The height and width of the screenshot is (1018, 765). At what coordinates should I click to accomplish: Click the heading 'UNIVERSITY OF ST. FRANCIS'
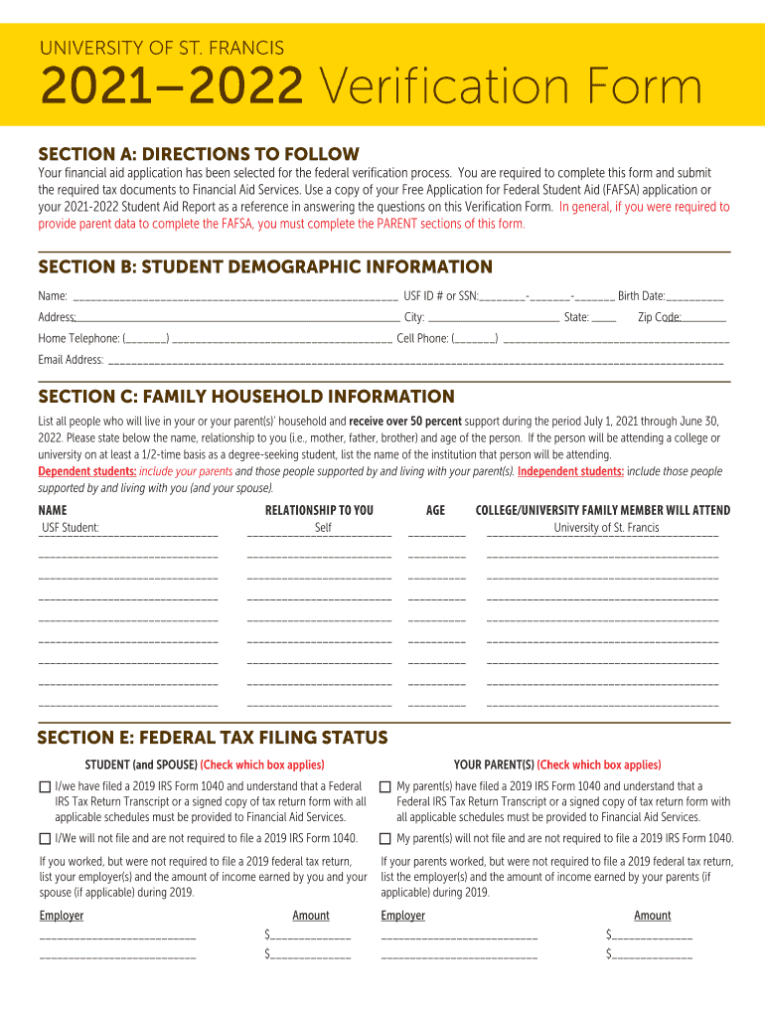(x=161, y=48)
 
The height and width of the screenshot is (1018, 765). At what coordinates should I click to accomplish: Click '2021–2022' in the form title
(x=170, y=90)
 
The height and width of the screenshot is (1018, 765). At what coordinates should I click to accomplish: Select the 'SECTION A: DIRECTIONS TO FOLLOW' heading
(x=198, y=154)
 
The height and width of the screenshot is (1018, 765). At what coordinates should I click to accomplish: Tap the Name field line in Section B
(x=234, y=297)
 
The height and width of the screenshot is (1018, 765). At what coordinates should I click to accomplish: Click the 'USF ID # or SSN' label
(x=440, y=296)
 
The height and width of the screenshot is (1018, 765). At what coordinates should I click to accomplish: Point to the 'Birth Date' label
(x=641, y=296)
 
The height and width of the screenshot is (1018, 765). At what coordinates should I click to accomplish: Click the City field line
(x=493, y=319)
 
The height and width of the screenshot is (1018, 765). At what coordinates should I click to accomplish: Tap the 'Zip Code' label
(x=659, y=318)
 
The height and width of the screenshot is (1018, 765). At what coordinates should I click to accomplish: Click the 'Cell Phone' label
(x=422, y=339)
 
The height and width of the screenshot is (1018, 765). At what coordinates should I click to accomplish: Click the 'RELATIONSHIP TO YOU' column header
(x=319, y=510)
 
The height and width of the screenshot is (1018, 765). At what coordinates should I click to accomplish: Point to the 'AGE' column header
(x=435, y=510)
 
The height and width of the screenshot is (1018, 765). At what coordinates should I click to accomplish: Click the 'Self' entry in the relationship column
(x=323, y=528)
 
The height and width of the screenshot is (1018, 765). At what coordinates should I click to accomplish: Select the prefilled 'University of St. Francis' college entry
(x=606, y=528)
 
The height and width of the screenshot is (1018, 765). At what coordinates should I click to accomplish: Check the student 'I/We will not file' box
(x=45, y=839)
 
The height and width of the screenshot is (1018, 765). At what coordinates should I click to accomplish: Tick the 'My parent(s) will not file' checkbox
(x=385, y=839)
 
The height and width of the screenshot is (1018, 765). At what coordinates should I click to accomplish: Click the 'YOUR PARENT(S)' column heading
(x=494, y=764)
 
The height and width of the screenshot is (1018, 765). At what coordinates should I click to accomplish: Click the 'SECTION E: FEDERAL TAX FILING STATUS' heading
(x=212, y=738)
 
